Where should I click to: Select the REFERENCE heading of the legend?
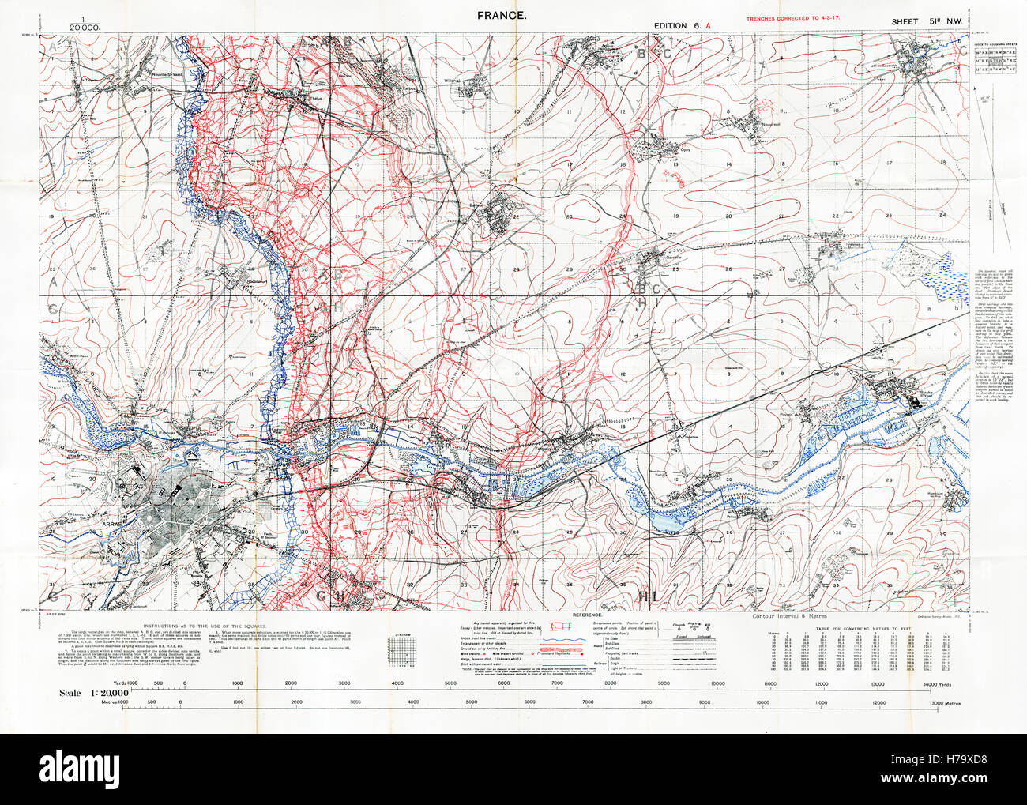(587, 614)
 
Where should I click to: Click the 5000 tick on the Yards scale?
(450, 683)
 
